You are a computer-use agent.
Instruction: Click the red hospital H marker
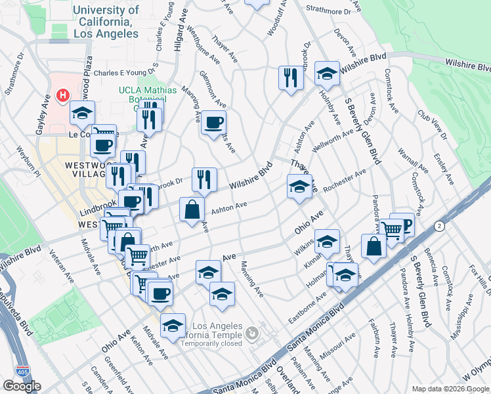click(x=63, y=96)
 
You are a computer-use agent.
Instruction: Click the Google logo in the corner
click(x=22, y=386)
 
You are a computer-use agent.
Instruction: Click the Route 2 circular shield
click(x=439, y=226)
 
